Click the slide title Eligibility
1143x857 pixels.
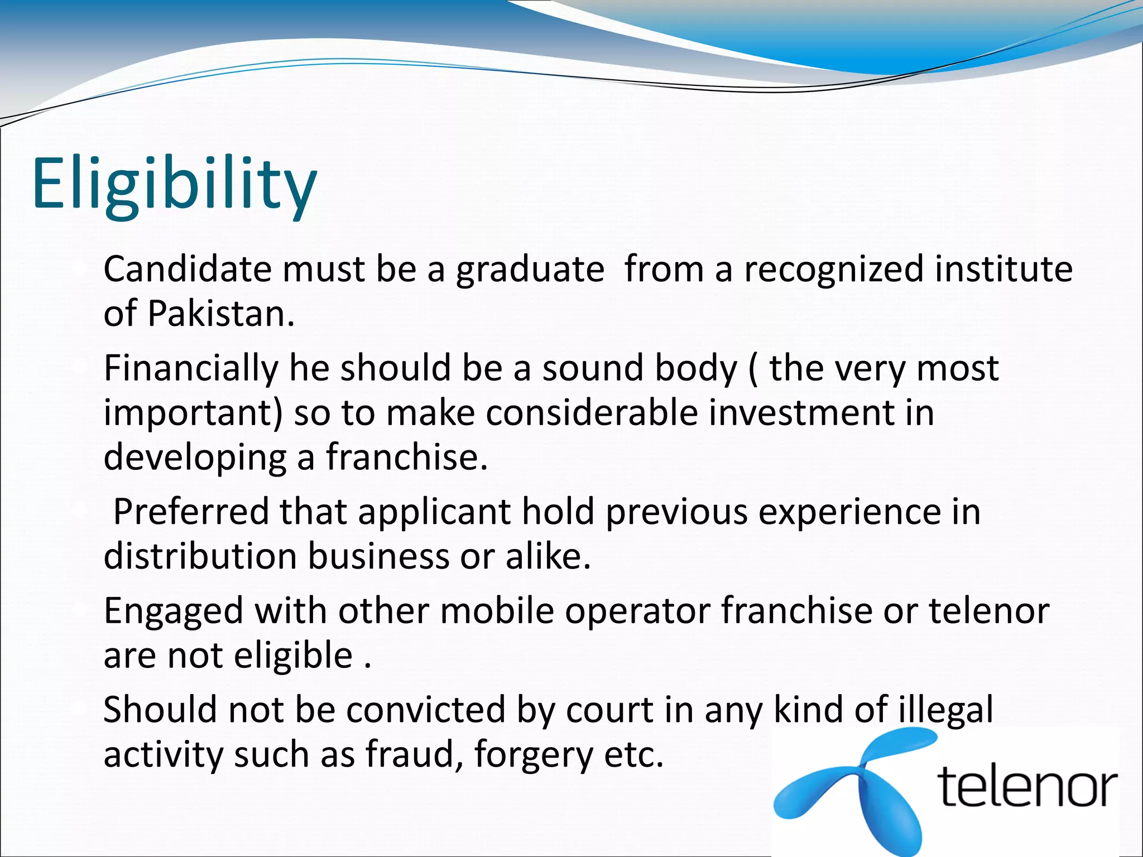coord(175,184)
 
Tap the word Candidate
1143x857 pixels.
coord(187,269)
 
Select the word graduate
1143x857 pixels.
coord(530,270)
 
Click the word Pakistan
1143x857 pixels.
coord(220,314)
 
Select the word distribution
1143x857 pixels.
coord(200,556)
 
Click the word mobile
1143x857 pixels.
coord(497,610)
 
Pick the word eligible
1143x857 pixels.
coord(293,655)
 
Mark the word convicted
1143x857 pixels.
coord(425,710)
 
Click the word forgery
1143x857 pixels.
coord(533,755)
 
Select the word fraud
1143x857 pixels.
coord(414,754)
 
